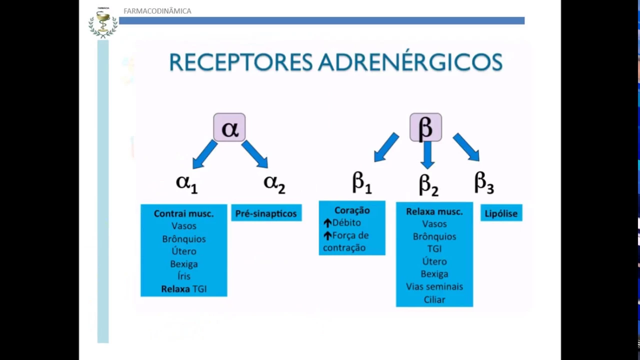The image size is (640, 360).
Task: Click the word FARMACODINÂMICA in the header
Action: coord(157,11)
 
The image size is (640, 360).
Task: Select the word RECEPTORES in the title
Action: coord(239,63)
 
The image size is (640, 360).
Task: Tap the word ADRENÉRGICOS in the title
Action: coord(410,63)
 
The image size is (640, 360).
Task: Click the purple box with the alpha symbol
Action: coord(229,127)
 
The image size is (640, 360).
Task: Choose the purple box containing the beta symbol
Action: coord(425,127)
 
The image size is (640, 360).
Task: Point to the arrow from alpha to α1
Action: coord(204,154)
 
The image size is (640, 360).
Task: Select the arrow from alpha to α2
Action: coord(255,154)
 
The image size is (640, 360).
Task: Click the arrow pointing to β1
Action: coord(386,147)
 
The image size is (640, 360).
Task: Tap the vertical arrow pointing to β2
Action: coord(427,155)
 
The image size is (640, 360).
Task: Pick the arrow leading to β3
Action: coord(466,147)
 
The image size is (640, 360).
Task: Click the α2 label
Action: coord(274,183)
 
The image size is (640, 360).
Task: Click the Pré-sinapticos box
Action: coord(266,213)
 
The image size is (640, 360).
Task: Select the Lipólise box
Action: coord(501,213)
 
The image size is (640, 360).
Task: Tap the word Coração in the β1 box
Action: coord(352,210)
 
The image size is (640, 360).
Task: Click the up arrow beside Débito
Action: coord(327,223)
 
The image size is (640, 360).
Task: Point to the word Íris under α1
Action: coord(183,276)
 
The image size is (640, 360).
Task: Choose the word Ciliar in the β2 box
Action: coord(434,299)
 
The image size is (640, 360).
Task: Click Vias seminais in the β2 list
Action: coord(434,286)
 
